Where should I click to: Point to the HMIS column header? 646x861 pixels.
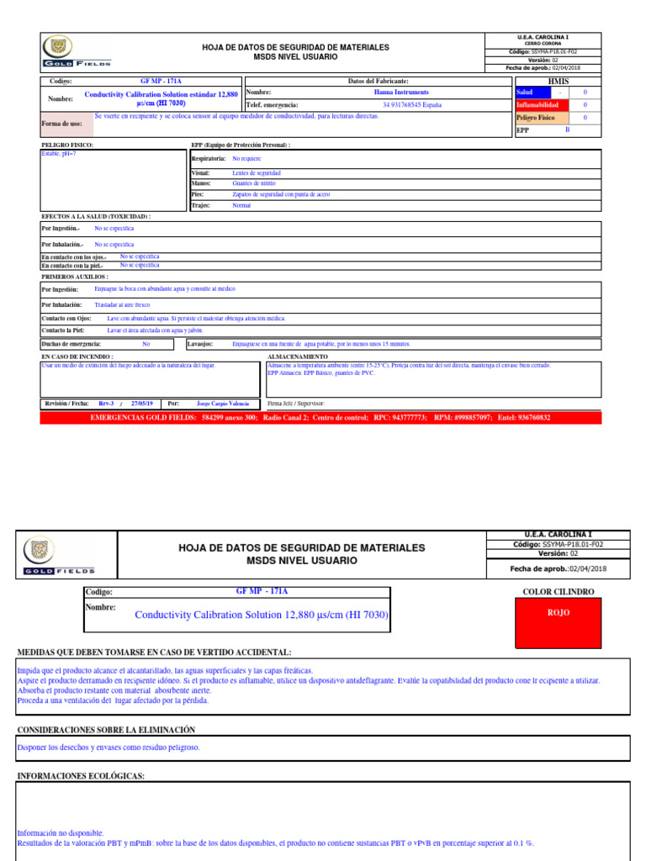558,81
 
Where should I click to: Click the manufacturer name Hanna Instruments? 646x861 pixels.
401,92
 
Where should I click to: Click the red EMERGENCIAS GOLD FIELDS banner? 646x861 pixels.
320,417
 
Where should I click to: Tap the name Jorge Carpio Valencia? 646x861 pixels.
222,404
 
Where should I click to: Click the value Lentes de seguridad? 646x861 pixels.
257,172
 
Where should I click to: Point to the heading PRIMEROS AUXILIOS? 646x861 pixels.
75,276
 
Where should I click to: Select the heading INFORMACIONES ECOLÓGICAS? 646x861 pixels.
81,775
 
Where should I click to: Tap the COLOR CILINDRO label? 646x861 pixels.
558,592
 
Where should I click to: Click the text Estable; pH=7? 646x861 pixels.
59,154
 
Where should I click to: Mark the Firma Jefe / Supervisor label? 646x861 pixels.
295,404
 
